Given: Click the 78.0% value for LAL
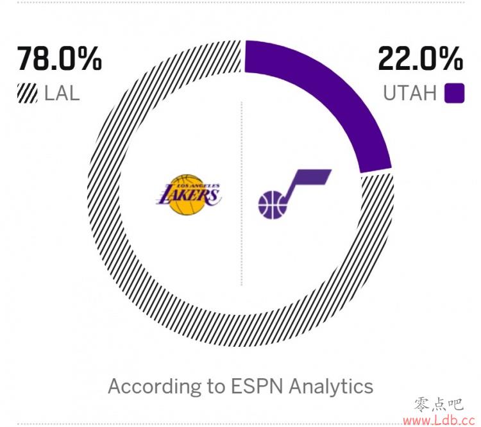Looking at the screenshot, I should point(59,60).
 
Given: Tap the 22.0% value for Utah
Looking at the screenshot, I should point(420,60).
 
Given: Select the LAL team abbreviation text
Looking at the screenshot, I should point(62,94).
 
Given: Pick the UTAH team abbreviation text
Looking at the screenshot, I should point(409,94).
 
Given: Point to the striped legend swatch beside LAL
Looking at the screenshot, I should point(27,94).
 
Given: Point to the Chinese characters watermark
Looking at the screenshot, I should point(439,404).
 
